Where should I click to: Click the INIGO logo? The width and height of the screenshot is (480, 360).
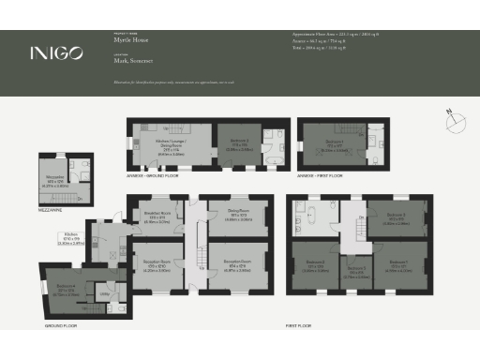coord(58,52)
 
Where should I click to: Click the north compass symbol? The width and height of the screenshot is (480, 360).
coord(452,116)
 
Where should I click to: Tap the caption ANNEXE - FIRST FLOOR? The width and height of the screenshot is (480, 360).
coord(321,174)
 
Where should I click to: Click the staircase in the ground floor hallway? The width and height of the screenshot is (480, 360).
coord(198,258)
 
